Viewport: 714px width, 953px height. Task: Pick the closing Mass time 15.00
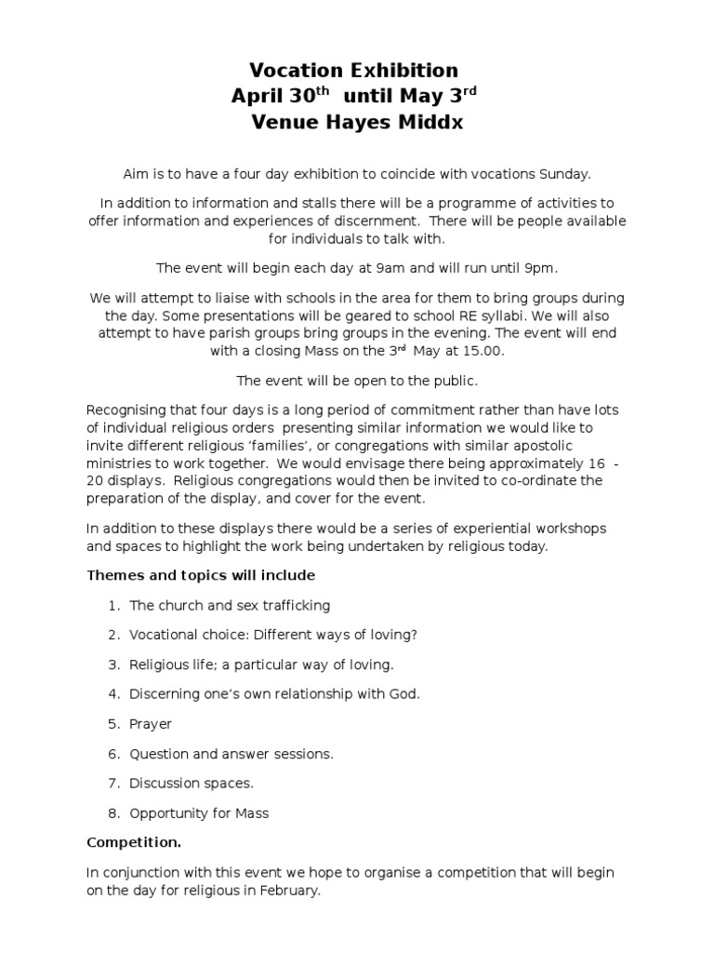click(485, 353)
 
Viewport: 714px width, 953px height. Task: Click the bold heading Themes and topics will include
click(201, 575)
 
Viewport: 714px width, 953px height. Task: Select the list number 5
click(112, 724)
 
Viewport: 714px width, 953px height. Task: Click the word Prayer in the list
click(151, 724)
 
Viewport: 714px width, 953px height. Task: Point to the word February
click(289, 891)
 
